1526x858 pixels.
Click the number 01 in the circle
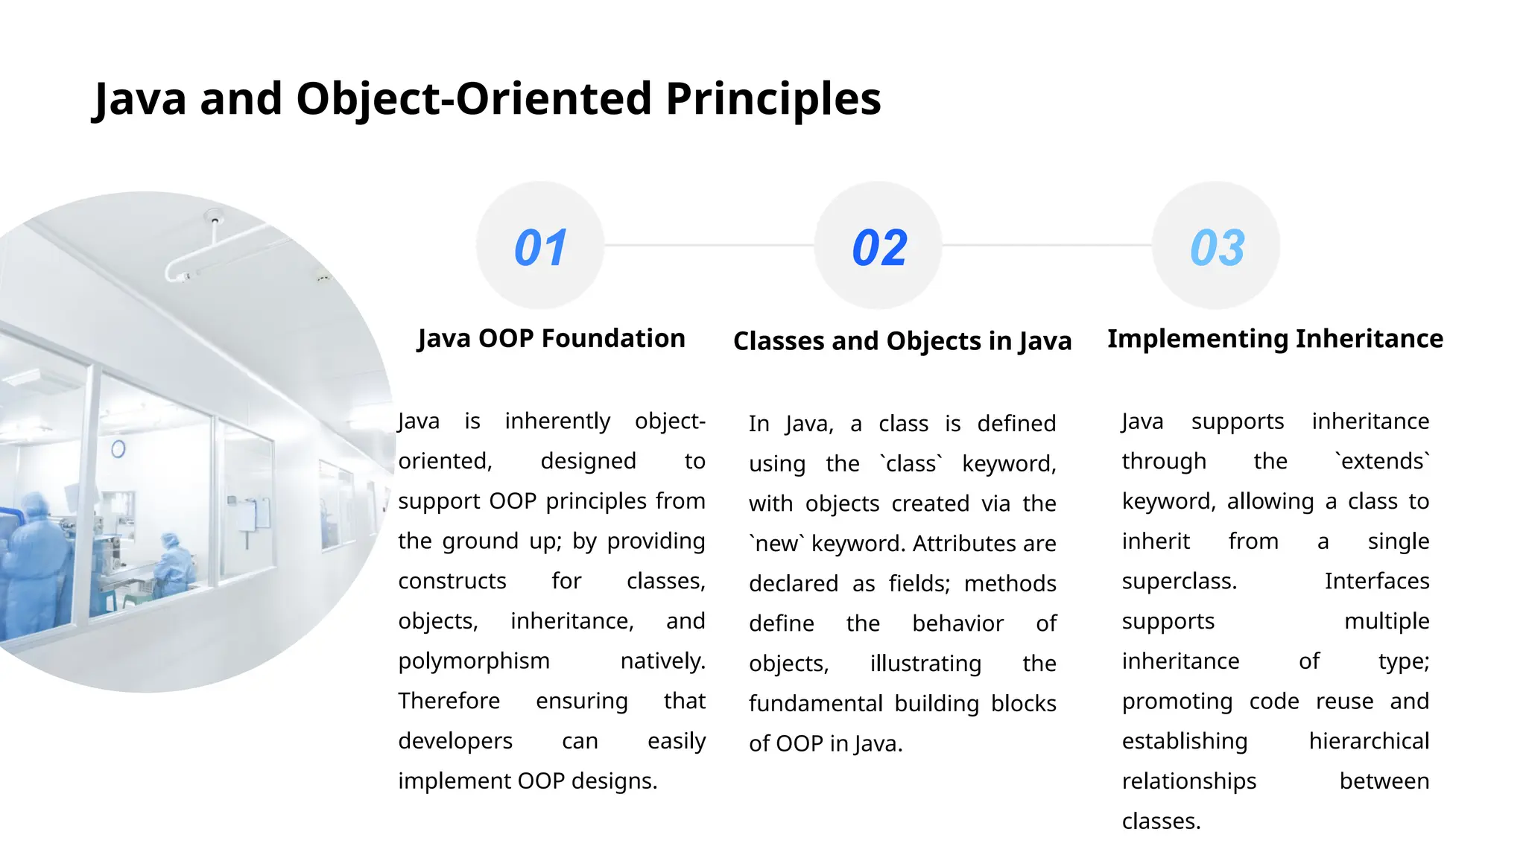click(x=540, y=247)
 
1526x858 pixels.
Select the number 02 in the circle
click(x=879, y=247)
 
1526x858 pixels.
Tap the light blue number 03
click(x=1217, y=247)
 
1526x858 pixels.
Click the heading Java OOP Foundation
click(x=551, y=338)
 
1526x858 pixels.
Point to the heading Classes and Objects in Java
click(x=902, y=341)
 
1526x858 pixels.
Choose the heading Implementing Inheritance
click(x=1275, y=338)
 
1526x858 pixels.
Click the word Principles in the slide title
click(x=773, y=98)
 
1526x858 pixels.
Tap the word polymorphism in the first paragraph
click(x=474, y=661)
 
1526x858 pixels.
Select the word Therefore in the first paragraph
click(x=449, y=701)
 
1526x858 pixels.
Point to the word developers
click(x=455, y=741)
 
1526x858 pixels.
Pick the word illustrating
click(x=925, y=664)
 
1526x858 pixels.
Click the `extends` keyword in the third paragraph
click(x=1382, y=461)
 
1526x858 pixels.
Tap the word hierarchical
click(x=1369, y=741)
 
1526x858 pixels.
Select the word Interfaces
click(x=1376, y=581)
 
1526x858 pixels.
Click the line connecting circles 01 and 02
click(x=708, y=245)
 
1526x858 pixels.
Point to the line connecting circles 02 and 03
click(x=1046, y=245)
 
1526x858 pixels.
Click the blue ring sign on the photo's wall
click(x=118, y=449)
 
